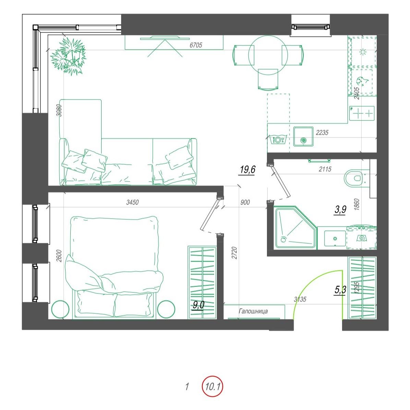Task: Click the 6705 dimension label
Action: pos(196,45)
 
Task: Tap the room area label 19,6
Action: pos(247,170)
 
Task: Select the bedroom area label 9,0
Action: pos(198,305)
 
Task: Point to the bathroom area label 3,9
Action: pos(340,209)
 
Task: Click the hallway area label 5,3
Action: pos(340,290)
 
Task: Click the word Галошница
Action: pos(253,311)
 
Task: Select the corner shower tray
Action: pos(295,227)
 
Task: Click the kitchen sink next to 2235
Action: pos(303,137)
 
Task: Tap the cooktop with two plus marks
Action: pos(362,113)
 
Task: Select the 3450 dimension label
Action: pos(132,202)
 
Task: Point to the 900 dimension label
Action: pos(245,202)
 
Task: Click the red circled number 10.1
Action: pos(212,386)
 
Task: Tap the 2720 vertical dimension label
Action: pos(234,253)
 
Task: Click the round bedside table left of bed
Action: pos(60,309)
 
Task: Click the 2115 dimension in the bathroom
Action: pos(325,169)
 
